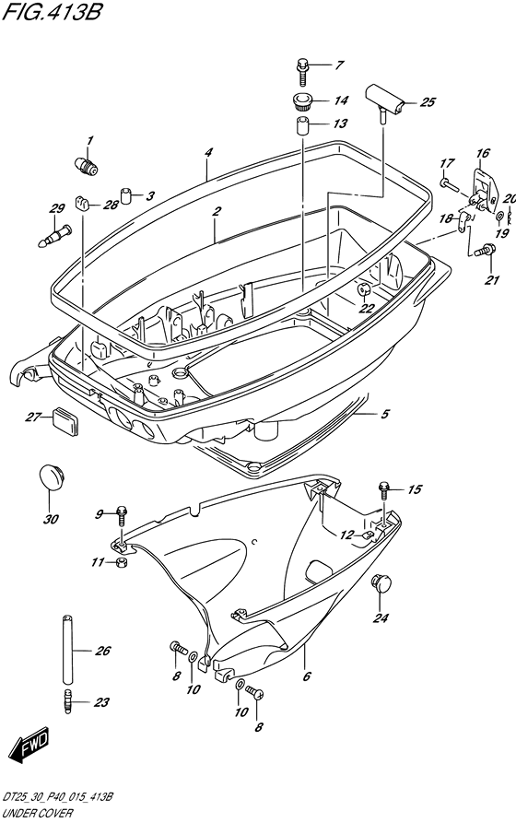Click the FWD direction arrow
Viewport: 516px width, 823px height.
click(x=31, y=745)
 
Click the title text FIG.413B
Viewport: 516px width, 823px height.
click(x=52, y=11)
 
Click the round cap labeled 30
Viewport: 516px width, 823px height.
click(x=51, y=476)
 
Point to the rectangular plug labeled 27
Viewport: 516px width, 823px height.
click(x=65, y=421)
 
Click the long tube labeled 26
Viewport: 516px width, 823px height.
click(x=67, y=649)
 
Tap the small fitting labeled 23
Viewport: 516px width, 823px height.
click(x=66, y=701)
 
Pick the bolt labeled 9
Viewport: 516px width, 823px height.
click(x=122, y=515)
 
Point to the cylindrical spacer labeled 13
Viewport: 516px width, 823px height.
click(x=303, y=126)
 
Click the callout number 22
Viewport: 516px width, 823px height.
click(x=366, y=308)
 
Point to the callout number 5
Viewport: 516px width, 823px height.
click(x=385, y=414)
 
